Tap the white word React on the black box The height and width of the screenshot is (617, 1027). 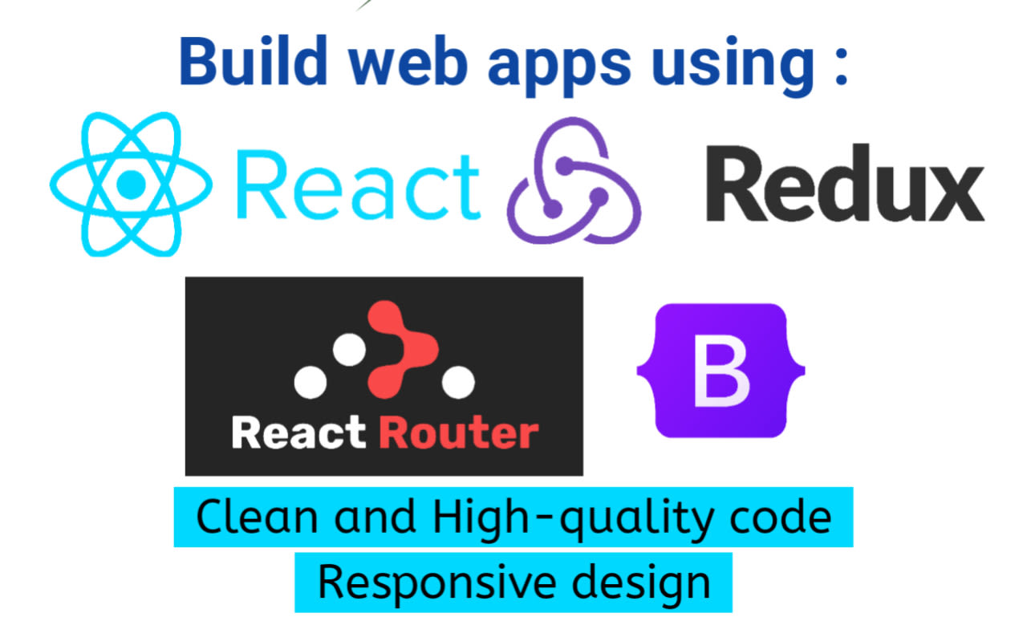pos(298,433)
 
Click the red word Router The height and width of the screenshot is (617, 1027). pos(458,433)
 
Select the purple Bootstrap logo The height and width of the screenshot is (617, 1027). pos(721,371)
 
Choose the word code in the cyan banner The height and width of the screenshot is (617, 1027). pos(783,518)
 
